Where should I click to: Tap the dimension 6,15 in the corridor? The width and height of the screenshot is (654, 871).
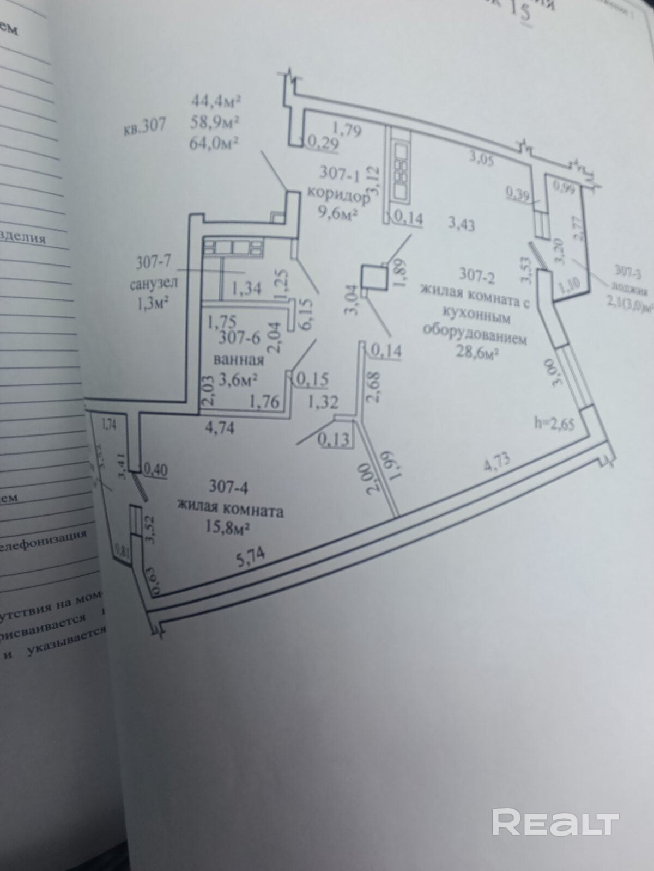coord(304,315)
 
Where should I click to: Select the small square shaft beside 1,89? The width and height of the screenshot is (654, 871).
coord(374,275)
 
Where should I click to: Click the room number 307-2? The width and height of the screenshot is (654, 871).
coord(476,275)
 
